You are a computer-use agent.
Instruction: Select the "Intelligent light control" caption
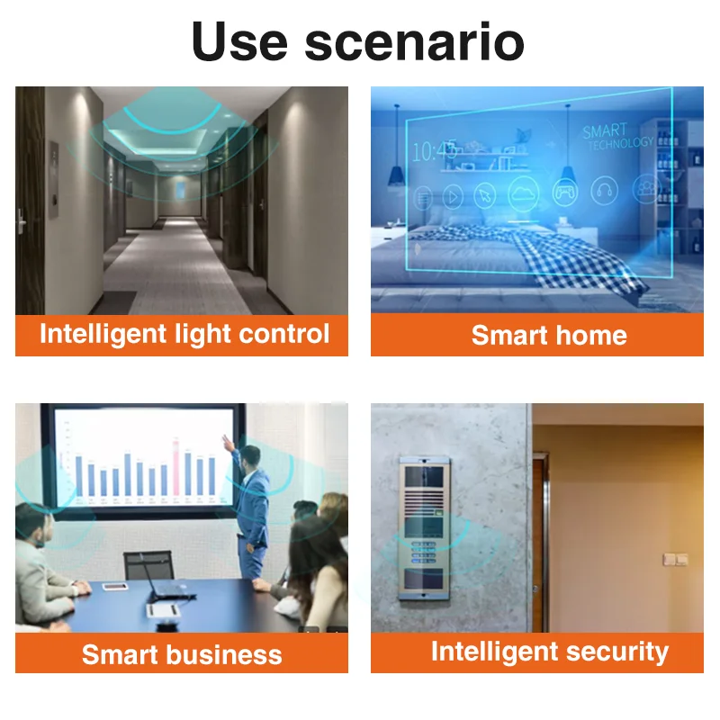(184, 334)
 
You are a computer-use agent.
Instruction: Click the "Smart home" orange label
(549, 335)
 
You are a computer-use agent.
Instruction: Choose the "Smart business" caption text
(182, 654)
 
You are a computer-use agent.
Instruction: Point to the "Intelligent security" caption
(549, 652)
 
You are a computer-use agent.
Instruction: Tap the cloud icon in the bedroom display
(523, 192)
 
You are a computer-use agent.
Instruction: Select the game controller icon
(564, 192)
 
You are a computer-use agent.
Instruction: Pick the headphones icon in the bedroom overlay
(604, 190)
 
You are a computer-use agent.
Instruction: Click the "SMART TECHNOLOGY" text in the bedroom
(616, 136)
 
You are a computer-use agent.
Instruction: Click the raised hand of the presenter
(227, 440)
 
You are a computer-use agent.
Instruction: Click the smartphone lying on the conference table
(115, 587)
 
